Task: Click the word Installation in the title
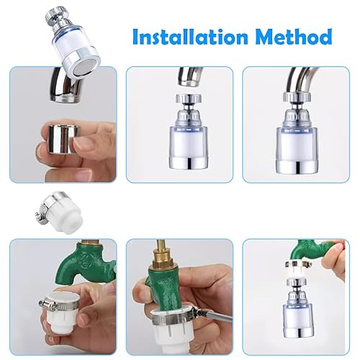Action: click(x=190, y=37)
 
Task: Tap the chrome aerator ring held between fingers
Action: click(x=64, y=138)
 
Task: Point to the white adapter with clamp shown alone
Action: click(x=60, y=211)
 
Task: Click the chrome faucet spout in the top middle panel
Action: click(x=190, y=76)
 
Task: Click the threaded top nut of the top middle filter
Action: click(x=189, y=98)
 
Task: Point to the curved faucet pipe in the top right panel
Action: click(x=300, y=80)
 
